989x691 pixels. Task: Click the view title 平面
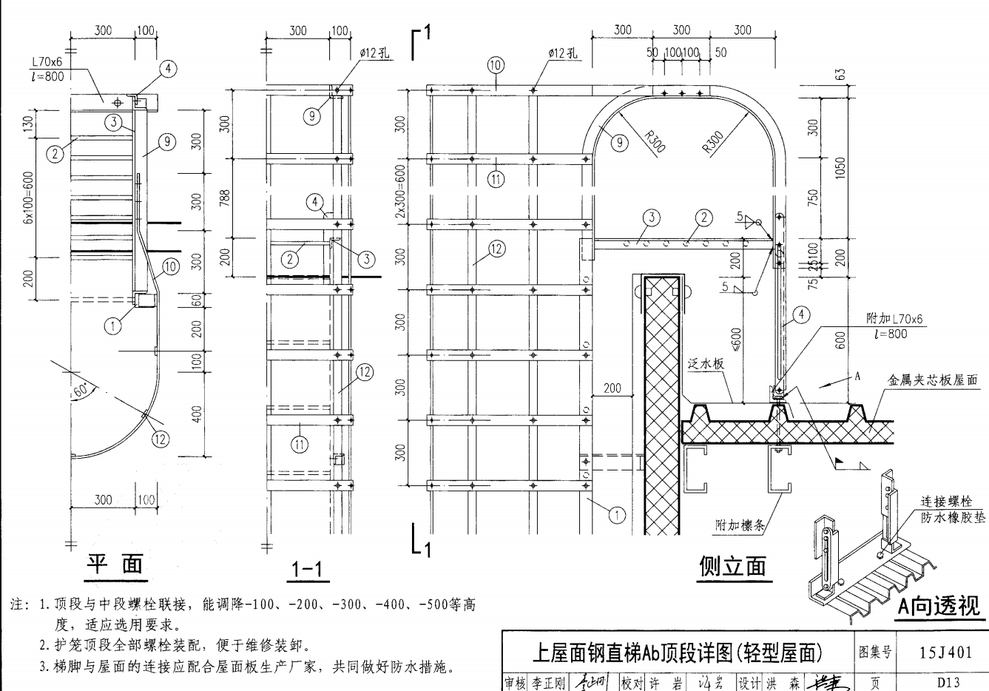click(x=115, y=564)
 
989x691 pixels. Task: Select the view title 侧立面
click(x=732, y=566)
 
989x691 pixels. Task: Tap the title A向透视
click(x=939, y=607)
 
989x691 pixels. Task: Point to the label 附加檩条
click(x=740, y=525)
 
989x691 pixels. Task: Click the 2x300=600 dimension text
click(x=400, y=191)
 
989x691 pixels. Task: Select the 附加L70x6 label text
click(x=894, y=319)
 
